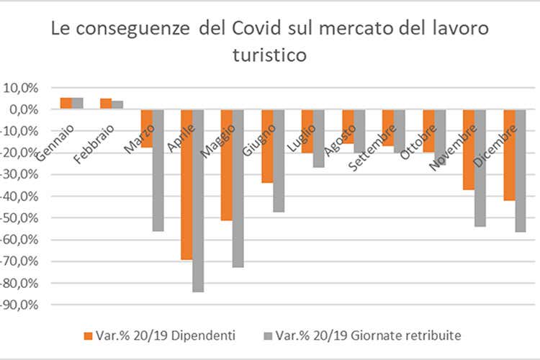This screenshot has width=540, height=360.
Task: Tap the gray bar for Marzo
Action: tap(158, 170)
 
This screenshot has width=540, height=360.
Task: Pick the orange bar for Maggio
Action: tap(227, 165)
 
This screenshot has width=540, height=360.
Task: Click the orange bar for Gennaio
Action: tap(66, 103)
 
